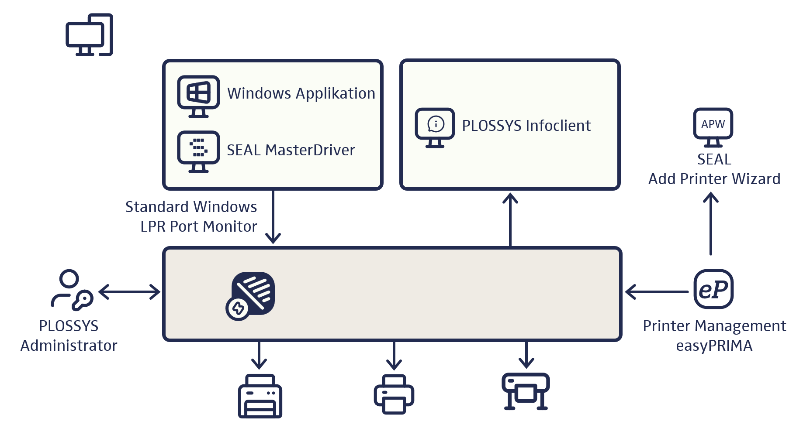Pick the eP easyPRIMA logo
[713, 289]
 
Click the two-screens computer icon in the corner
[90, 35]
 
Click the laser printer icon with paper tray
[260, 396]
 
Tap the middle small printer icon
[394, 394]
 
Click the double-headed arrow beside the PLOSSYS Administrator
[129, 292]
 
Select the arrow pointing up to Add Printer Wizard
[711, 224]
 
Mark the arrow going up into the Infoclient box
[510, 220]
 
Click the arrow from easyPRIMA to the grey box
[656, 292]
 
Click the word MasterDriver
[310, 150]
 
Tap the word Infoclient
[558, 126]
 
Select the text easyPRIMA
[714, 346]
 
